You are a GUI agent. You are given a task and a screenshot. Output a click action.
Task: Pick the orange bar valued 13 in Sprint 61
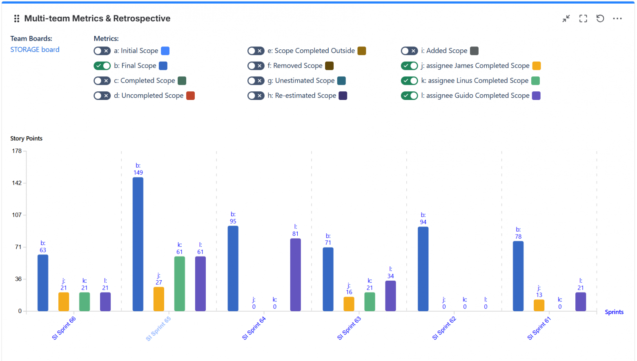pos(539,305)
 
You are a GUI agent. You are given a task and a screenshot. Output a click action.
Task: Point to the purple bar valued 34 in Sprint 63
pos(390,296)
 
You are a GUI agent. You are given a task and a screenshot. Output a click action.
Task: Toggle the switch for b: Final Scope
pos(102,66)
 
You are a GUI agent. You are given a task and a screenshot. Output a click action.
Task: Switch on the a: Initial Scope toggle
pos(102,51)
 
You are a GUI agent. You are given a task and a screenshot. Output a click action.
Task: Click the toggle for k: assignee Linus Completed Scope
pos(409,81)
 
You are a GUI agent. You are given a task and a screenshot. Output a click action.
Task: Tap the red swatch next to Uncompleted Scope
pos(190,95)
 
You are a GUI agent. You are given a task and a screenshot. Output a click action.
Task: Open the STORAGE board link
pos(35,49)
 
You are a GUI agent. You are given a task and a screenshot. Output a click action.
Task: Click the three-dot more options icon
pos(617,18)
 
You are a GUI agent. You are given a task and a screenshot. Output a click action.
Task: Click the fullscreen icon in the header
pos(583,18)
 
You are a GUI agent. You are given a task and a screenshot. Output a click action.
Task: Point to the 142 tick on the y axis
pos(17,183)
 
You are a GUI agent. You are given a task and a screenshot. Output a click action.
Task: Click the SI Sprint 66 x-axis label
pos(64,328)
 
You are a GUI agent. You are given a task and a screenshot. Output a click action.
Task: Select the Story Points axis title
pos(26,138)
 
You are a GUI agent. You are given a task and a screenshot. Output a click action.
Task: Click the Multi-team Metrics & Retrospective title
pos(97,18)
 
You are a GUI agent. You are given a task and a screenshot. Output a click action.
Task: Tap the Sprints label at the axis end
pos(614,312)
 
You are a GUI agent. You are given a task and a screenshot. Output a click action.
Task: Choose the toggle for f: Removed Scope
pos(256,66)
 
